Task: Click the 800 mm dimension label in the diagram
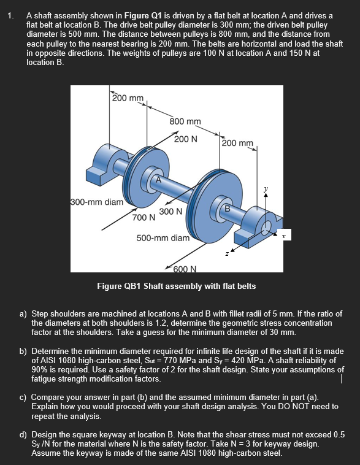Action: [185, 121]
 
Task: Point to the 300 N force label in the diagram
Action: [170, 212]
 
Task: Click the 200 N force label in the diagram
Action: [185, 139]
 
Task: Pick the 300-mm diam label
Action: [97, 201]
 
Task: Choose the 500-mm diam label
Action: [163, 237]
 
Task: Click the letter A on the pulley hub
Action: [158, 179]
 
